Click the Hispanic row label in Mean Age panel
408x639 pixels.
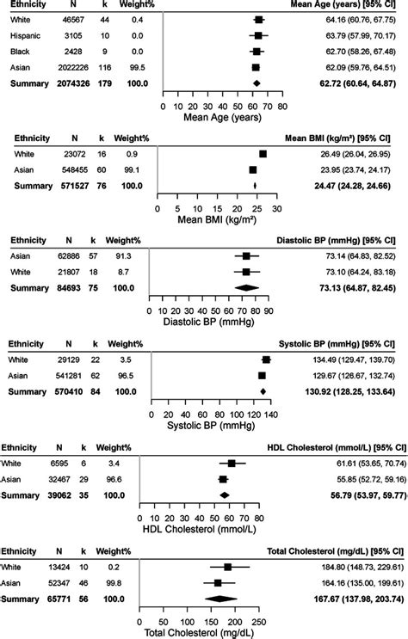[25, 36]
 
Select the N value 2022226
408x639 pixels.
[72, 68]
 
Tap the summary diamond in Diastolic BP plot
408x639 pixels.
[247, 288]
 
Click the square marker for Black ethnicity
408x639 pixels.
[257, 52]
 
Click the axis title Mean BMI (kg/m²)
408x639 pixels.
[217, 219]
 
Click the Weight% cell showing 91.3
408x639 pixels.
[123, 256]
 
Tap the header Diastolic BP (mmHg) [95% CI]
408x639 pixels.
[336, 241]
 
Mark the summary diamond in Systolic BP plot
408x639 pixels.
[263, 391]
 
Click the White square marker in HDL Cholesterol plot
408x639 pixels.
[232, 464]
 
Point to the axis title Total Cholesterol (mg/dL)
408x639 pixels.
[199, 633]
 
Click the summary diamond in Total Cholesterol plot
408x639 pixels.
[220, 599]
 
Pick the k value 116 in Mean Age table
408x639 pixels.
[104, 68]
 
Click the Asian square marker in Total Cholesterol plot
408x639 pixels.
[218, 583]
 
